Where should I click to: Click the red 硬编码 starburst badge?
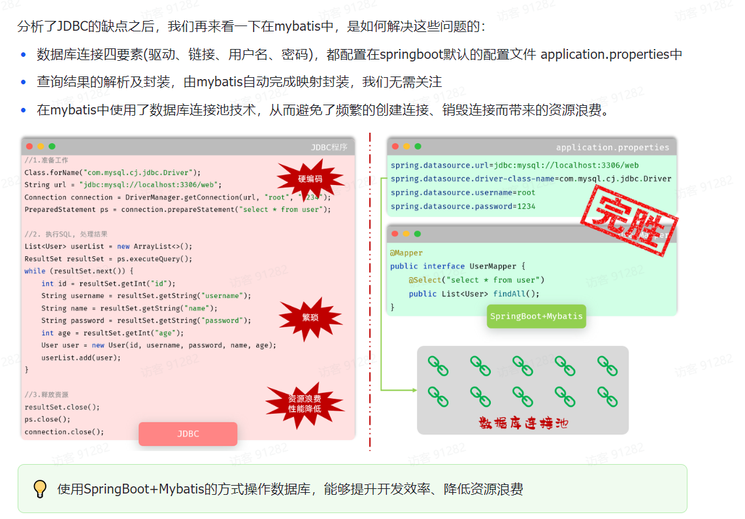point(310,178)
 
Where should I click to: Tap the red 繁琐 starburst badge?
point(310,318)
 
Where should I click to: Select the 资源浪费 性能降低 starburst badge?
point(305,403)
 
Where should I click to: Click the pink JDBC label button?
point(188,433)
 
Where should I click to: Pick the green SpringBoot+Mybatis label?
point(536,316)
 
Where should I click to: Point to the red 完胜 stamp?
point(628,220)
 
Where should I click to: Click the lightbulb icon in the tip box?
point(41,488)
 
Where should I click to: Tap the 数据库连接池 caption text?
point(523,423)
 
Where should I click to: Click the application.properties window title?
point(612,147)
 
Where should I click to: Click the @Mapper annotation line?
point(406,253)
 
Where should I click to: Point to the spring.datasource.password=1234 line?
point(463,207)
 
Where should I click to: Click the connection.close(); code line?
point(64,431)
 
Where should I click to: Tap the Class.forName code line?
point(112,173)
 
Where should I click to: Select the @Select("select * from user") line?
point(476,280)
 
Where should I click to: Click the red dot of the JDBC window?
point(29,146)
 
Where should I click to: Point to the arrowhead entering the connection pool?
point(413,390)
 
